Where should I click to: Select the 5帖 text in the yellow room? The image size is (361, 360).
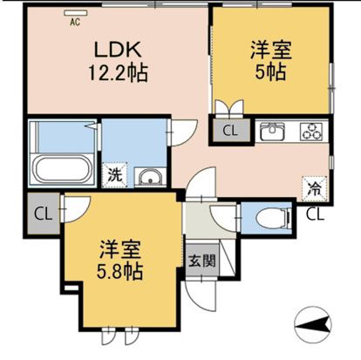[x=269, y=72]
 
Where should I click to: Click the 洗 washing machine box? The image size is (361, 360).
[x=114, y=173]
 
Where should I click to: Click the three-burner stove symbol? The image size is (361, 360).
[x=310, y=132]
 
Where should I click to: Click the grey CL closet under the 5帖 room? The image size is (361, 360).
[x=230, y=132]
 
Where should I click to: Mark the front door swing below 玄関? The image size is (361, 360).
[x=201, y=297]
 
